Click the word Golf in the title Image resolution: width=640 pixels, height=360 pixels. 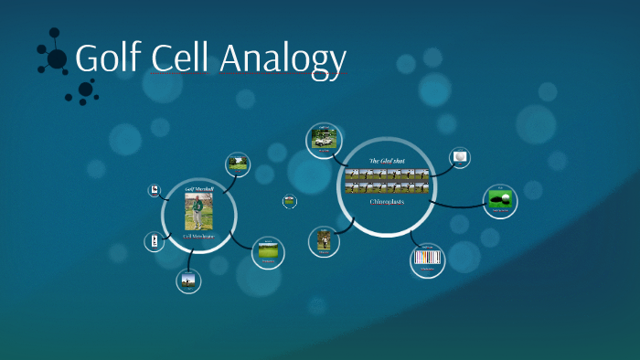[x=109, y=58]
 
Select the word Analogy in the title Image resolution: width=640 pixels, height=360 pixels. [x=283, y=60]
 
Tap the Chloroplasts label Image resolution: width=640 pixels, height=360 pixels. [x=386, y=201]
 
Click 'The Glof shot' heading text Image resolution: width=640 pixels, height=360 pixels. [x=386, y=161]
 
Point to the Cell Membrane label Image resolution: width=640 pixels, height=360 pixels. [x=199, y=237]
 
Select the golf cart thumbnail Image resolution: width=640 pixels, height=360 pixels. [x=322, y=140]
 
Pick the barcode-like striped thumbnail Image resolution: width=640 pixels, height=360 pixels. [x=428, y=259]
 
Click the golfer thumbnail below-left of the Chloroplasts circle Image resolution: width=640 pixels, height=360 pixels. [x=324, y=240]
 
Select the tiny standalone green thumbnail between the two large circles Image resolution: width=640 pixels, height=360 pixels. [x=290, y=201]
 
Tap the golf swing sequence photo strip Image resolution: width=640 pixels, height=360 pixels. [x=386, y=181]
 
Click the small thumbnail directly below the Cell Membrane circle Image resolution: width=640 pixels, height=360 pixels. [x=189, y=281]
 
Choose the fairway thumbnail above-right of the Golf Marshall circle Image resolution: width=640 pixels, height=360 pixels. [x=238, y=164]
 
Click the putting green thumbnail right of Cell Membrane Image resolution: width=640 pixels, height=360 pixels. [x=268, y=249]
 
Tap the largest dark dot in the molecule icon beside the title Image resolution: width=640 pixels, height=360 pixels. [x=57, y=58]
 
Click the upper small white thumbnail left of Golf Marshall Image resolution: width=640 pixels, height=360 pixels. [x=155, y=191]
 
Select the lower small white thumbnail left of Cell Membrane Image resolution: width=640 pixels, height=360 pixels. [x=154, y=241]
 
